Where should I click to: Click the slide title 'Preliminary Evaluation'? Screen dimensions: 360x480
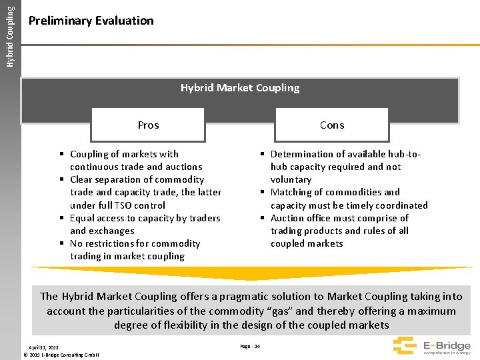(91, 21)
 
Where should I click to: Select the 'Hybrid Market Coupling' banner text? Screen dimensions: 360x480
(240, 88)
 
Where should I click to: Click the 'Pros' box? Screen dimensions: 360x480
(148, 125)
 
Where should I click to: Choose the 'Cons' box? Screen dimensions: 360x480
(332, 125)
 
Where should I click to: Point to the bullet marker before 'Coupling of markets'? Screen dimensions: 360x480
(61, 154)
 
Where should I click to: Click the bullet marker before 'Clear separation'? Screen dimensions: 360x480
(61, 180)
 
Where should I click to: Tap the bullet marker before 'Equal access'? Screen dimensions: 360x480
(61, 218)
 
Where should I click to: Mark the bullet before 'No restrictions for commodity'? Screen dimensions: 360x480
(61, 244)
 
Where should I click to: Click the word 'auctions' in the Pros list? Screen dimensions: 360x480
(183, 167)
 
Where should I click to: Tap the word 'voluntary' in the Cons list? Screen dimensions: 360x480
(291, 179)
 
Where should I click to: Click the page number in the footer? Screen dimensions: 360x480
(249, 346)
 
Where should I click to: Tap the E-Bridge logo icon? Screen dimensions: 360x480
(404, 345)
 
